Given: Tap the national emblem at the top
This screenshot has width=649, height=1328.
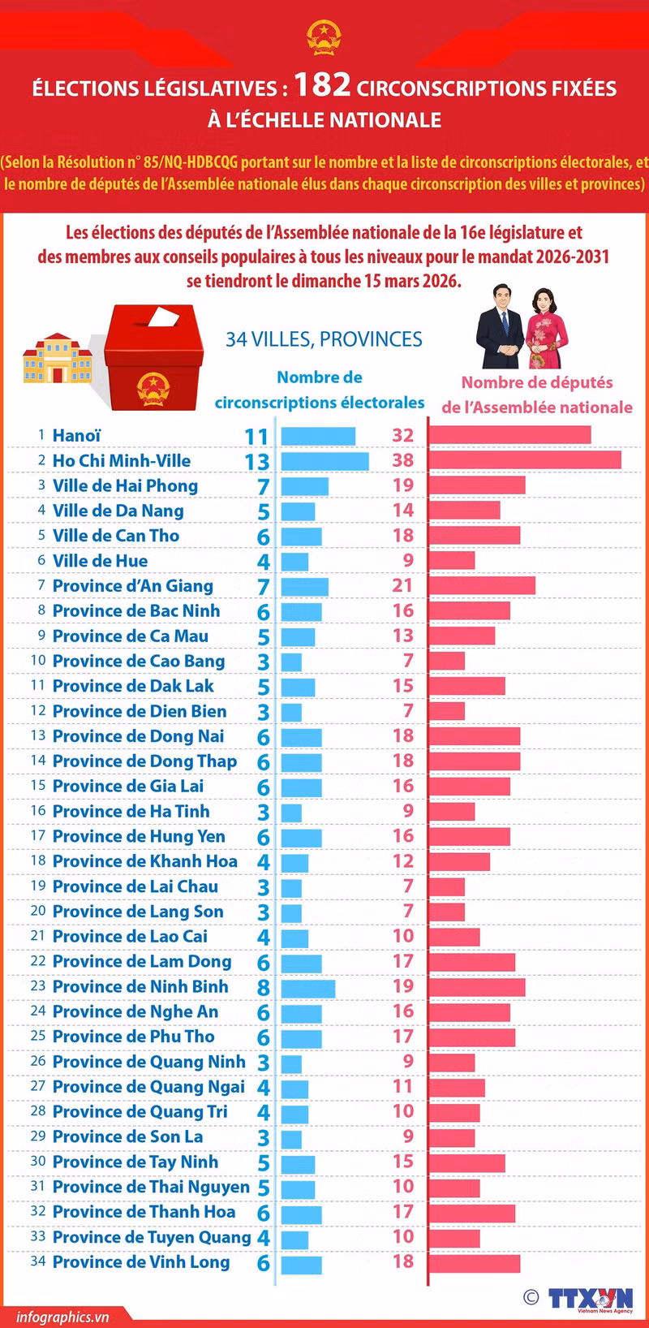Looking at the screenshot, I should (x=324, y=37).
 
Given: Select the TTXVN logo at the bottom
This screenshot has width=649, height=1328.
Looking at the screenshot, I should (x=591, y=1298).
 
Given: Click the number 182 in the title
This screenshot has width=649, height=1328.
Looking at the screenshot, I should (x=322, y=84).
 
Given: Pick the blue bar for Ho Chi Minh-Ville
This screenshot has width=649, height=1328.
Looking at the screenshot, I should (x=324, y=461).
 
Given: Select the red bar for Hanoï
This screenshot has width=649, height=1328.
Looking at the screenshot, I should (x=509, y=436).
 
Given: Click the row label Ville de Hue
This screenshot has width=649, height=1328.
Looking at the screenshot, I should (x=100, y=561).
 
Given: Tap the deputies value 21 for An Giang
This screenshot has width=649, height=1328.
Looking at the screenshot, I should (x=402, y=585).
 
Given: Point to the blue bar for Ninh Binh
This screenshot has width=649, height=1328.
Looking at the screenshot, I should (x=307, y=987).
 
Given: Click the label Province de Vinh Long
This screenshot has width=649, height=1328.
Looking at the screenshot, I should (x=141, y=1262).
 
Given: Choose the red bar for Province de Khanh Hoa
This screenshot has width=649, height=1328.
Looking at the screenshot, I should (x=459, y=861).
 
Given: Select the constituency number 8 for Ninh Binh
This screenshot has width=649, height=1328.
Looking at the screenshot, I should (x=263, y=988).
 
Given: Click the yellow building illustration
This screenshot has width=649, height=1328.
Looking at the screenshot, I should (x=58, y=358).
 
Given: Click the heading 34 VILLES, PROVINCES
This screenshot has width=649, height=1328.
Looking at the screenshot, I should (x=324, y=339).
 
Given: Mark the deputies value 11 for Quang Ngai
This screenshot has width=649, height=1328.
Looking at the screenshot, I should (x=403, y=1086).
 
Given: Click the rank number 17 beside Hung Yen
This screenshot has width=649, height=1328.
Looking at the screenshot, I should (x=38, y=836).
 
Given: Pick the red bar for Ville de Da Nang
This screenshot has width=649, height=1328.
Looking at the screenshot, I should (x=464, y=511).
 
